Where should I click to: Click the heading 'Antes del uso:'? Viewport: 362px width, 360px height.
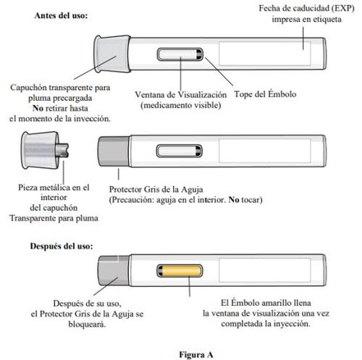(61, 16)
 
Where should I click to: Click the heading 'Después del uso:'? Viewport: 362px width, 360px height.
(62, 246)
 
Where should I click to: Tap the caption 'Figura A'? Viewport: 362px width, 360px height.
(196, 355)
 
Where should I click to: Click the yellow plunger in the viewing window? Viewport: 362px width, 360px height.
(180, 270)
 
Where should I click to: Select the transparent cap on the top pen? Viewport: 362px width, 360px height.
(112, 54)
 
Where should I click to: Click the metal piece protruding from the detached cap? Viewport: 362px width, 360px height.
(62, 150)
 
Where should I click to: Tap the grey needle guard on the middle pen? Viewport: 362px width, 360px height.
(114, 151)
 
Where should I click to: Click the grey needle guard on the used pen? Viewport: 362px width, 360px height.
(114, 271)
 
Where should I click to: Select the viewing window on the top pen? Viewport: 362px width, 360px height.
(180, 54)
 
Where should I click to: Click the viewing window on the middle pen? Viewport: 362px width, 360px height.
(180, 151)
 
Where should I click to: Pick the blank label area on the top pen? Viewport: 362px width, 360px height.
(265, 54)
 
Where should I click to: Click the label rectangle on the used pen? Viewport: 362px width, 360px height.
(265, 270)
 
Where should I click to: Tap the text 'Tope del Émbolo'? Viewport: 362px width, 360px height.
(265, 94)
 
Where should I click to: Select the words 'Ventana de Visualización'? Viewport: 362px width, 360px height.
(181, 95)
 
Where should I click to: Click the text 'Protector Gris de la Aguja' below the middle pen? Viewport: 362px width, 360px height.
(156, 190)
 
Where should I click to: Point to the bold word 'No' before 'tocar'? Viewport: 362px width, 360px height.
(234, 200)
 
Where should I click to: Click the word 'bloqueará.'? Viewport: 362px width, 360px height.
(87, 324)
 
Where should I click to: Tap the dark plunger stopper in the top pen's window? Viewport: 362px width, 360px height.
(199, 54)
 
